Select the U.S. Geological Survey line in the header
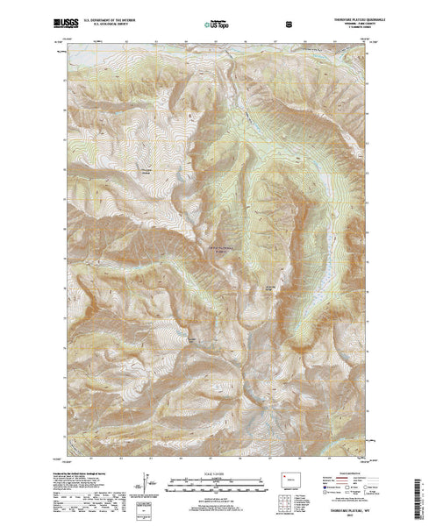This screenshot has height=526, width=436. click(109, 20)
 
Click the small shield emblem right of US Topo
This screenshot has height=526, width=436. click(252, 18)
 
